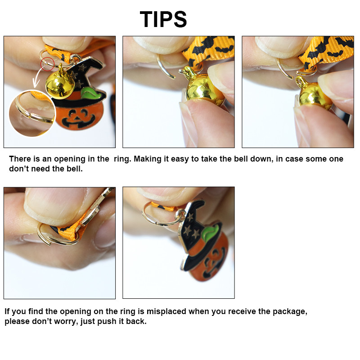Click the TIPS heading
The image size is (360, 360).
(x=163, y=19)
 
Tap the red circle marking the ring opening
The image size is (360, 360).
(x=48, y=64)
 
